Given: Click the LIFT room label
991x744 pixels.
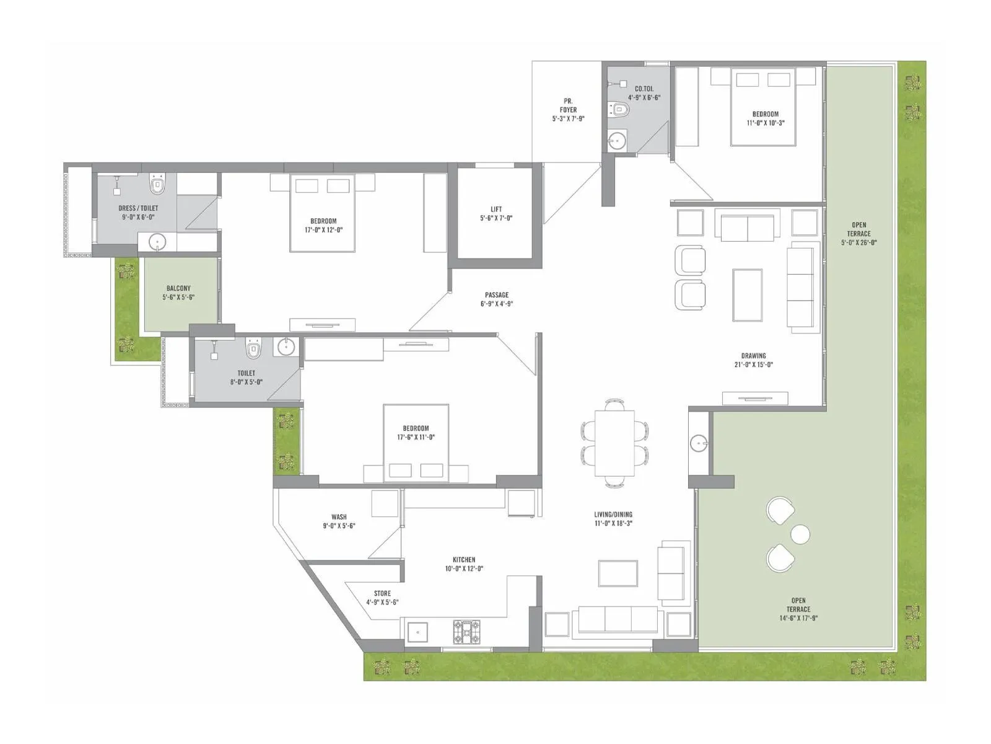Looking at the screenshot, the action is coord(495,209).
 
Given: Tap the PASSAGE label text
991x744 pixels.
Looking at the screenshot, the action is coord(497,295).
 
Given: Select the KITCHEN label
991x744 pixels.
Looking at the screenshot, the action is coord(464,560).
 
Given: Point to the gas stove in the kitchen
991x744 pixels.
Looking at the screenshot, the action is coord(467,631).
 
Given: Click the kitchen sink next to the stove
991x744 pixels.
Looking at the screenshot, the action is coord(417,632).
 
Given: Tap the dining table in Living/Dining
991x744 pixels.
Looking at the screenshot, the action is coord(614,443).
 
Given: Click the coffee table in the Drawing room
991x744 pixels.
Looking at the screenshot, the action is coord(747,295).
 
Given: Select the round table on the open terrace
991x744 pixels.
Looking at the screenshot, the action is coord(800,534).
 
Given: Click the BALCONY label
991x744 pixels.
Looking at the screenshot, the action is coord(178,288).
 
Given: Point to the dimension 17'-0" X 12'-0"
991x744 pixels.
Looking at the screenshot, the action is coord(323,230).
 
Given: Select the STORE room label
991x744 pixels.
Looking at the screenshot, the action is coord(382,593).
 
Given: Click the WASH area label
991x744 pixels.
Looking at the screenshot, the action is coord(339,517).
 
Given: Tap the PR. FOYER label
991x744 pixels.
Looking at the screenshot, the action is coord(568,105).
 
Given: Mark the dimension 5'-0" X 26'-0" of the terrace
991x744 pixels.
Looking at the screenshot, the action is coord(858,242).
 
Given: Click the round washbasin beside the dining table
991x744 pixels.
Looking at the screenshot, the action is coord(699,443).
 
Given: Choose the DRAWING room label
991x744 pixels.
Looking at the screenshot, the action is coord(754,355).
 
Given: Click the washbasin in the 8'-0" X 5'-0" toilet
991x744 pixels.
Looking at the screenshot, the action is coord(286,347).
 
